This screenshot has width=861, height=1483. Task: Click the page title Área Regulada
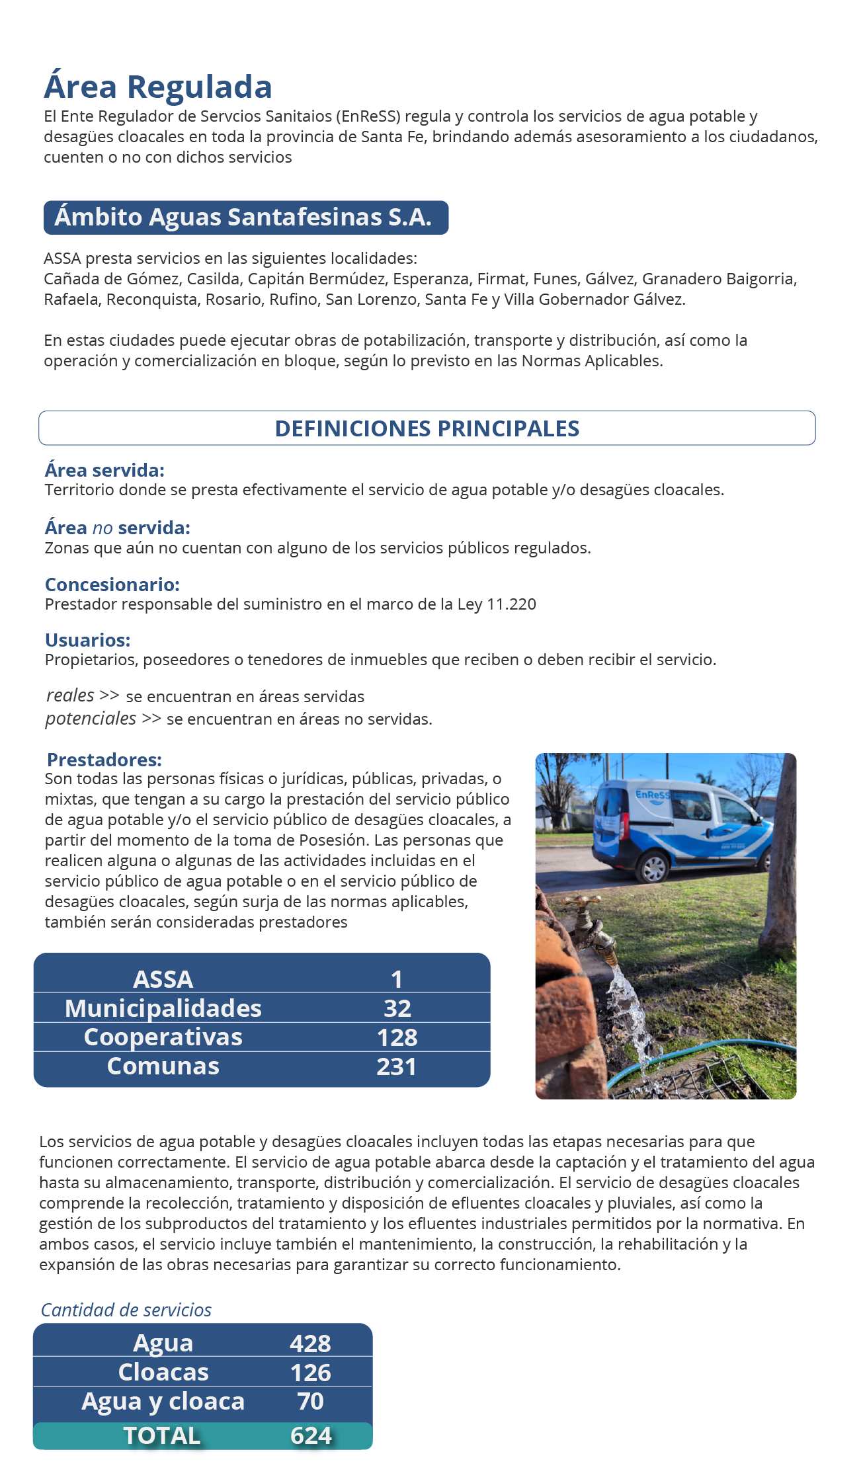[x=158, y=87]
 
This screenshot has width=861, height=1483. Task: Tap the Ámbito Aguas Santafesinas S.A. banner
[x=245, y=218]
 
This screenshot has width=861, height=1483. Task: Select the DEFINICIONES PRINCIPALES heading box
[x=427, y=428]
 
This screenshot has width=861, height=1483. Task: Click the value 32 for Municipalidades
[x=397, y=1008]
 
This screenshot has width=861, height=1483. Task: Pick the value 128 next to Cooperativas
[x=397, y=1037]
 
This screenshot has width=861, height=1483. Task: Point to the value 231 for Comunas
[x=397, y=1066]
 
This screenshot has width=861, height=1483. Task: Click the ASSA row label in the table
[x=163, y=979]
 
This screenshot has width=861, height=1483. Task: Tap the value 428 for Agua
[x=310, y=1343]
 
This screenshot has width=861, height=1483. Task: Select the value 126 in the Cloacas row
[x=310, y=1373]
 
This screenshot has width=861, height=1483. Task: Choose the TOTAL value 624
[x=311, y=1436]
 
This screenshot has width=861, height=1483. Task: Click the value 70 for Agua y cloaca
[x=310, y=1401]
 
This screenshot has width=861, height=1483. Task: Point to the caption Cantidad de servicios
[x=126, y=1310]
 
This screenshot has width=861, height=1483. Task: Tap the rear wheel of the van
[x=653, y=867]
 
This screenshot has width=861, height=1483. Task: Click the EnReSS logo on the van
[x=652, y=795]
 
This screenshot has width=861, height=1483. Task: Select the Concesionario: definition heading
[x=112, y=584]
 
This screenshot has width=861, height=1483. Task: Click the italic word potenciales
[x=91, y=718]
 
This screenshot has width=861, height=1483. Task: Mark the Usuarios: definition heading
[x=88, y=640]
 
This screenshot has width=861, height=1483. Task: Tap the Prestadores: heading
[x=104, y=760]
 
